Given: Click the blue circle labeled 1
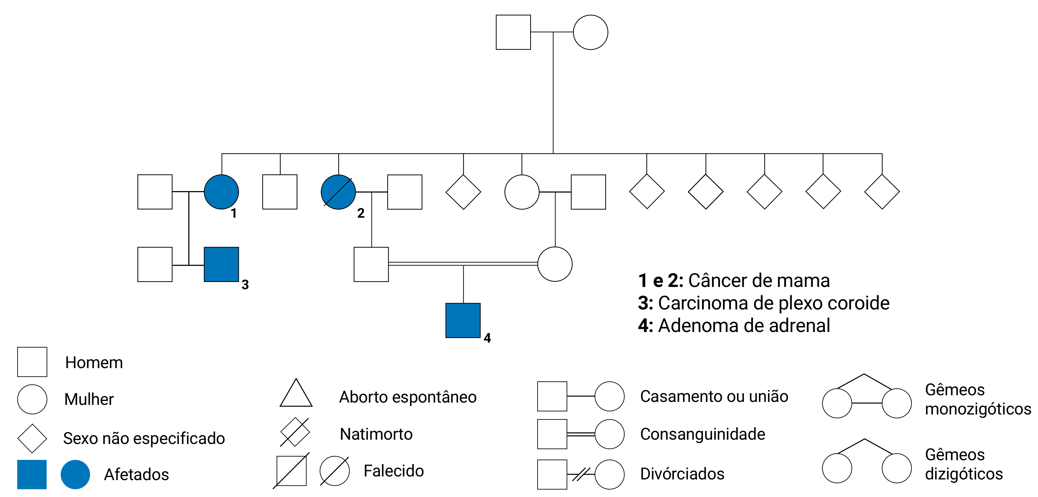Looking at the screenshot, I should click(221, 192).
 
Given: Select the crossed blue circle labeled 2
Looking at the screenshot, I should click(338, 192).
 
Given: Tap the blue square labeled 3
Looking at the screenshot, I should click(221, 264).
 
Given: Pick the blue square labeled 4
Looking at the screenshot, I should click(463, 320).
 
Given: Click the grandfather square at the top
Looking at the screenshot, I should click(513, 32).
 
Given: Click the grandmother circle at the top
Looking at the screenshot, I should click(590, 32).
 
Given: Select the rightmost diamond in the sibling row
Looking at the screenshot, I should click(882, 192).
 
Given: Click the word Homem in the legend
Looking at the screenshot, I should click(94, 362).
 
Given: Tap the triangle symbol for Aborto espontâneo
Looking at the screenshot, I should click(296, 394).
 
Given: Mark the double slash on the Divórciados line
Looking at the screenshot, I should click(581, 474).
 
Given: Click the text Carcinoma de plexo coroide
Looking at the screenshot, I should click(773, 303).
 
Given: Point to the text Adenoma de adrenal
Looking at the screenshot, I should click(744, 326).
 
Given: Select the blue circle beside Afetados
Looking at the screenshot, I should click(75, 474).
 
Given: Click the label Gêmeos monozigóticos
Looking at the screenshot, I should click(978, 399).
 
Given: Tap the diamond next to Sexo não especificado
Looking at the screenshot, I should click(32, 438).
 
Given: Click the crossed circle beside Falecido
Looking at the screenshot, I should click(335, 471).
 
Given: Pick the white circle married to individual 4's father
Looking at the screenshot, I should click(554, 264).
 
